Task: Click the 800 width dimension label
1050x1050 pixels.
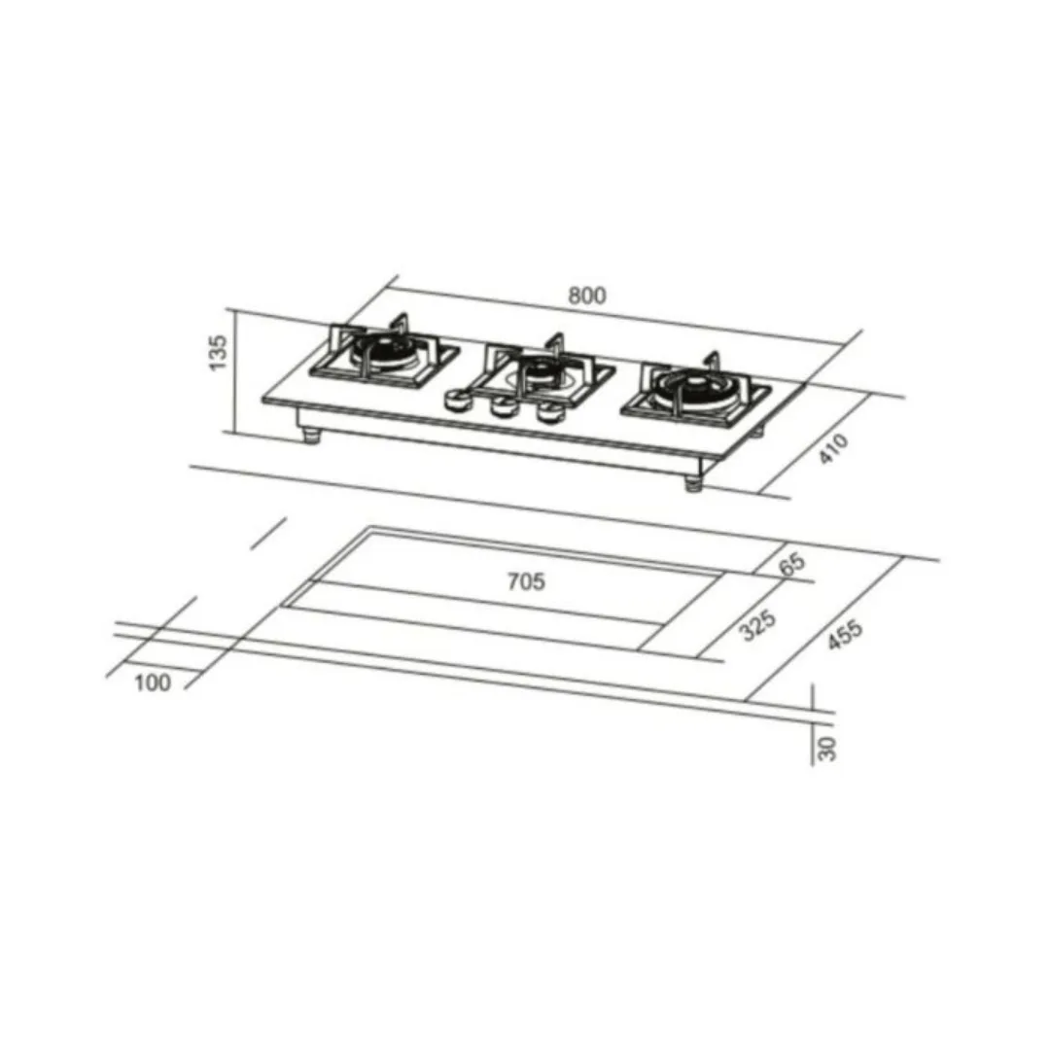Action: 587,296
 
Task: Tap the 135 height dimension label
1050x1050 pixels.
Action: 219,352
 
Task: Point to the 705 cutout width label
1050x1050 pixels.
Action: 526,581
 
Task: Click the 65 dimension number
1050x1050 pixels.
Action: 792,564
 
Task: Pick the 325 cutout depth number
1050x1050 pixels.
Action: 757,624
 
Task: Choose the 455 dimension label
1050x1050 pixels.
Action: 845,634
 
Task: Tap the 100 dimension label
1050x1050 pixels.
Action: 153,683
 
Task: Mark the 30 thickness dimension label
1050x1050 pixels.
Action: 827,748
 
